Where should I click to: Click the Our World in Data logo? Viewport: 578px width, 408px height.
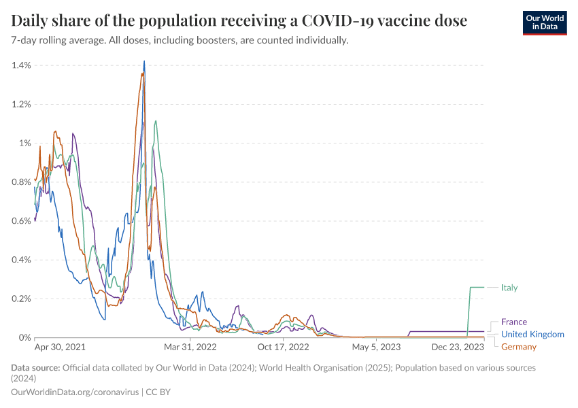pyautogui.click(x=544, y=22)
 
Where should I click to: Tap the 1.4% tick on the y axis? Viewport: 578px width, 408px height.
pyautogui.click(x=22, y=65)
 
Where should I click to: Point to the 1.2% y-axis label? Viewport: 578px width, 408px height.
pyautogui.click(x=22, y=104)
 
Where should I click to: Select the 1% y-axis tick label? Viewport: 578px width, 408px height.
pyautogui.click(x=25, y=143)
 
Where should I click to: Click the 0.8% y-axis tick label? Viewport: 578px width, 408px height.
pyautogui.click(x=22, y=182)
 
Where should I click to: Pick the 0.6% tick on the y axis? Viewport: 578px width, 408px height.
pyautogui.click(x=22, y=220)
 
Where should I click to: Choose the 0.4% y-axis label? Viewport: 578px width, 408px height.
pyautogui.click(x=22, y=260)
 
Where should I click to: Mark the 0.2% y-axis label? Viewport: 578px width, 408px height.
pyautogui.click(x=22, y=299)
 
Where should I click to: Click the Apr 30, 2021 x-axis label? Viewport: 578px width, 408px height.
pyautogui.click(x=60, y=347)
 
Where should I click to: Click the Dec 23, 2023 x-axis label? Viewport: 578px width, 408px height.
pyautogui.click(x=458, y=347)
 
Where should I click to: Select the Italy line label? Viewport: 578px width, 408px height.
pyautogui.click(x=509, y=288)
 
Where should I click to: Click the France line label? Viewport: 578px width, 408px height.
pyautogui.click(x=514, y=322)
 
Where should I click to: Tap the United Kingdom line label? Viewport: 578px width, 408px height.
pyautogui.click(x=532, y=335)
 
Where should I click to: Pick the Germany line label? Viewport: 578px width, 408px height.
pyautogui.click(x=519, y=347)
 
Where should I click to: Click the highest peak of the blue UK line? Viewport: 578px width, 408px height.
pyautogui.click(x=144, y=62)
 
